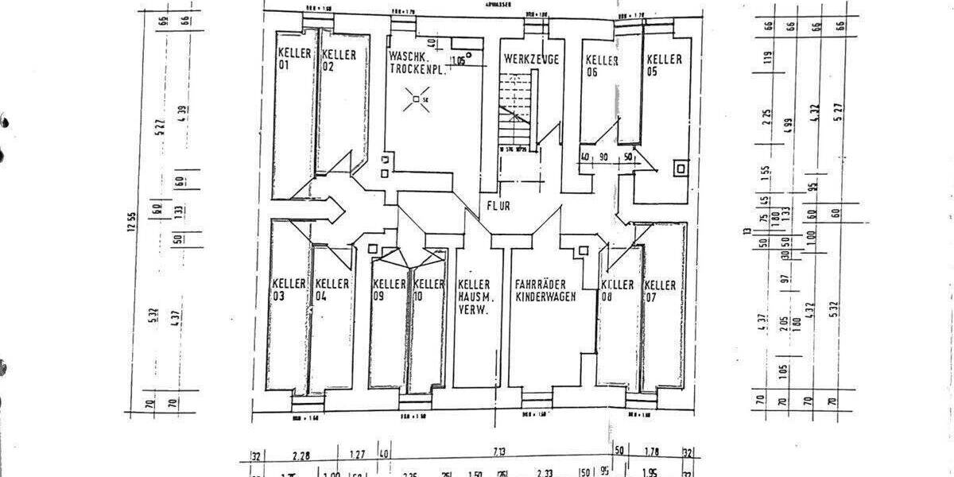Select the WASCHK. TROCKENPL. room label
pos(414,64)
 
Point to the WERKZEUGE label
pos(531,60)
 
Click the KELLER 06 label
pos(602,65)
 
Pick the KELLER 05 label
pos(663,65)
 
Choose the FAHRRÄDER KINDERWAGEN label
pos(545,290)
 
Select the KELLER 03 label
pos(289,289)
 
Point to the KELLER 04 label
pos(332,289)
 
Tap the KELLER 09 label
pos(390,289)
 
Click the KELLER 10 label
pos(429,289)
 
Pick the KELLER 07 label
pos(660,290)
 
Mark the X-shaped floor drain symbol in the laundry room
pos(414,100)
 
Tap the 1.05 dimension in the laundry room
pos(458,60)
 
